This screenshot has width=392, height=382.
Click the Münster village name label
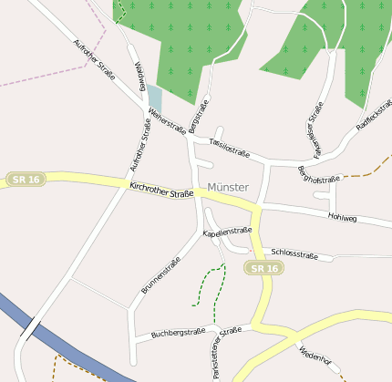[228, 187]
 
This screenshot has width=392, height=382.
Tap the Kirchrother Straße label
[162, 190]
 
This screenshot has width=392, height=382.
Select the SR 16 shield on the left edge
[25, 180]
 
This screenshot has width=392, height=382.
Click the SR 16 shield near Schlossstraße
[264, 268]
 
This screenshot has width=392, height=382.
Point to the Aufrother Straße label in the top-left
[94, 60]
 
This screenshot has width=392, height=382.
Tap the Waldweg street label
[140, 77]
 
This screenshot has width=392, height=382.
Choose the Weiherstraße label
[167, 121]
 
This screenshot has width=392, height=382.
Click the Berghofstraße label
[319, 173]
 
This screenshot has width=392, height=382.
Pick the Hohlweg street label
[343, 218]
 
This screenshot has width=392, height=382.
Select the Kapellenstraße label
[227, 232]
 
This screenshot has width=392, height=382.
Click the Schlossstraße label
[295, 254]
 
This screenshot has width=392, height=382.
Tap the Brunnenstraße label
[160, 274]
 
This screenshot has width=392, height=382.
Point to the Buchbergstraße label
[179, 334]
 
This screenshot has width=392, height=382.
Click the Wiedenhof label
[313, 355]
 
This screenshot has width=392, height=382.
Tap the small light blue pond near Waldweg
[155, 98]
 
